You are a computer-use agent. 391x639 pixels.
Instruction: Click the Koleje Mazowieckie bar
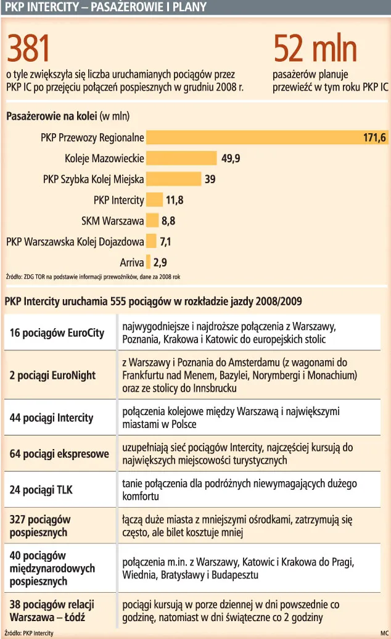[x=181, y=159]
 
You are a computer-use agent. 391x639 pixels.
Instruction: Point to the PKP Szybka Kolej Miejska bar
[x=173, y=179]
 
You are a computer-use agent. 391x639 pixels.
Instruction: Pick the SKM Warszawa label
[x=112, y=220]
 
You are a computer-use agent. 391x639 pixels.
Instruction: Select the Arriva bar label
[x=132, y=262]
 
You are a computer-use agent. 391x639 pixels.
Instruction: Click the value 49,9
[x=230, y=159]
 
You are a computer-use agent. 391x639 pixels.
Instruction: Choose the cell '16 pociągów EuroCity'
[x=57, y=333]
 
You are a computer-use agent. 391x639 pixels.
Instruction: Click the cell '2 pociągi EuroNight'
[x=52, y=375]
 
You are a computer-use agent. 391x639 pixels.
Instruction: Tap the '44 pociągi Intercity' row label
[x=51, y=418]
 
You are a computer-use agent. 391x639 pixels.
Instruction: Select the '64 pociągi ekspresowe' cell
[x=59, y=454]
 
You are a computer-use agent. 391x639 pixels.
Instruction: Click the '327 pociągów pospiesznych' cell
[x=41, y=526]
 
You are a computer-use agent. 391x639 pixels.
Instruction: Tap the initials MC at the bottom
[x=384, y=633]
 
